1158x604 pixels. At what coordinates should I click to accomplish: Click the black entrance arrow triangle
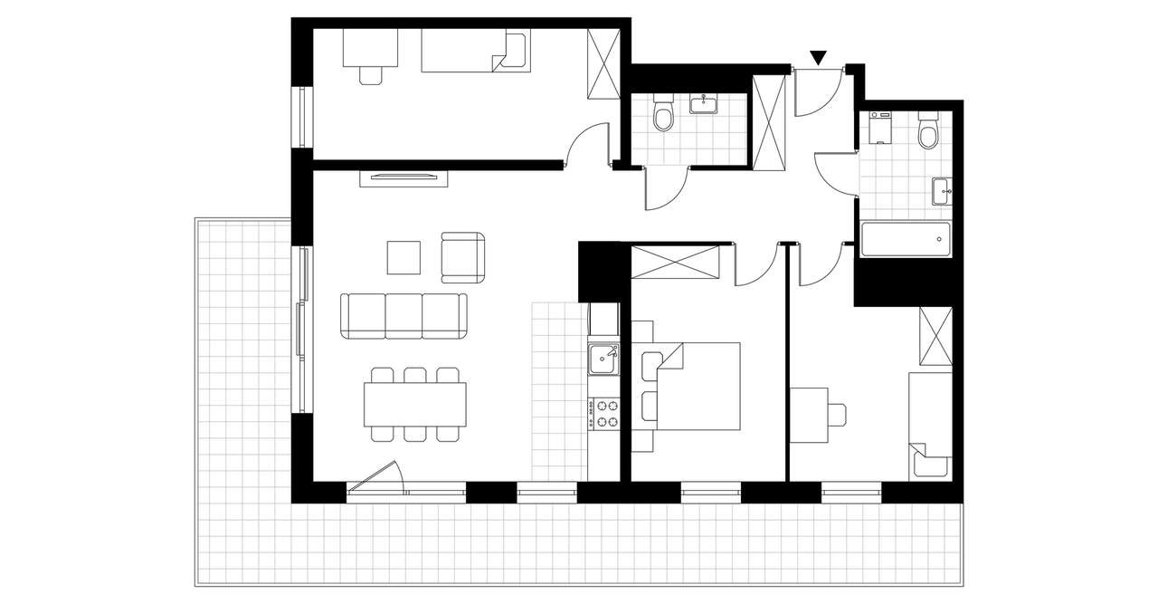coord(819,58)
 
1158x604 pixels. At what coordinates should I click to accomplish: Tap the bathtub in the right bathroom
coord(906,240)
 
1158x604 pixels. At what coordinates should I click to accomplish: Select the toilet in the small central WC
coord(664,116)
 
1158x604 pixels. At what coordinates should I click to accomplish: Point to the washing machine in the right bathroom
coord(881,129)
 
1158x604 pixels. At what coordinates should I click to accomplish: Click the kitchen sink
coord(603,360)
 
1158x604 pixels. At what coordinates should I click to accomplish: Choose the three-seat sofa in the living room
coord(404,315)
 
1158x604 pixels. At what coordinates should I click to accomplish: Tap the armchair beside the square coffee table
coord(462,256)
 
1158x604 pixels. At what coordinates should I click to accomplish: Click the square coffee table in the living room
coord(403,256)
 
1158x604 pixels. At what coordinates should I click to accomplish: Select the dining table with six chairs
coord(414,405)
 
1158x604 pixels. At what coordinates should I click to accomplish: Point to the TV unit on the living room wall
coord(403,177)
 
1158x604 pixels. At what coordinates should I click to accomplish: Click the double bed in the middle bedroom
coord(697,386)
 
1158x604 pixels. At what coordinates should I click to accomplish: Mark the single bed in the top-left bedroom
coord(476,51)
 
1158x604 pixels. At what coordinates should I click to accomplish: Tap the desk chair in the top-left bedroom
coord(371,73)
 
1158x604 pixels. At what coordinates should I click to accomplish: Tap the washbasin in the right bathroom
coord(941,191)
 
